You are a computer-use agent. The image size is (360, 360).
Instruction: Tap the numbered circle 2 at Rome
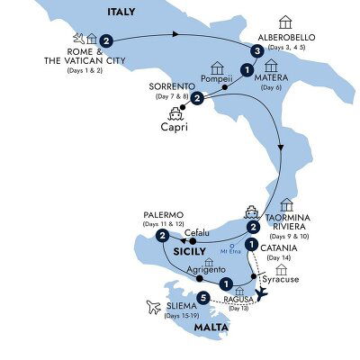tap(106, 40)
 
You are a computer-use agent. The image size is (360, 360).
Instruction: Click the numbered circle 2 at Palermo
tap(162, 237)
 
